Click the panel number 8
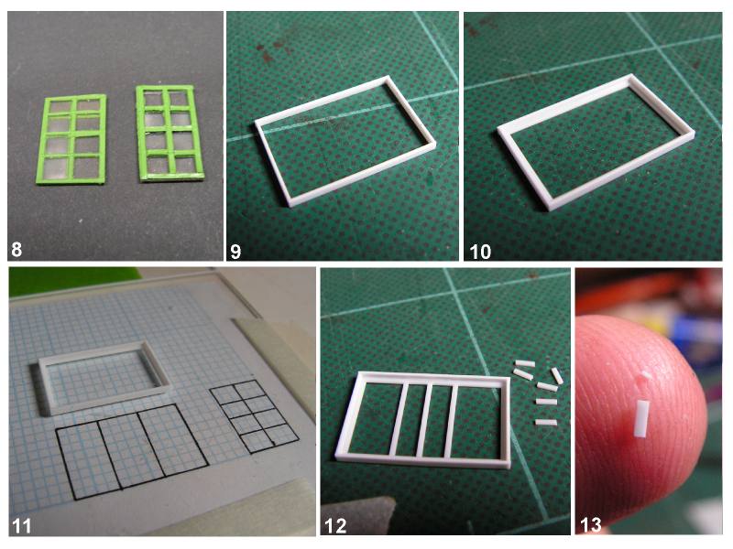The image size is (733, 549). click(x=16, y=249)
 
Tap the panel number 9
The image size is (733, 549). click(x=235, y=252)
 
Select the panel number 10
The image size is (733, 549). click(x=479, y=252)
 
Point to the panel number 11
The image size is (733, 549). click(x=22, y=525)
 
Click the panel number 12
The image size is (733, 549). click(x=335, y=525)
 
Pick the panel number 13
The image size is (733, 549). click(x=590, y=524)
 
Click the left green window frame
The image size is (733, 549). click(x=71, y=139)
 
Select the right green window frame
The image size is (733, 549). click(x=170, y=133)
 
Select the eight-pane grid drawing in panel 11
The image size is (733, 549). click(x=255, y=415)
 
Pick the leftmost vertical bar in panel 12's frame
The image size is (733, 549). click(x=397, y=419)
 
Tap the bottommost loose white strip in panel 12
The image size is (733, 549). click(x=546, y=423)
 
